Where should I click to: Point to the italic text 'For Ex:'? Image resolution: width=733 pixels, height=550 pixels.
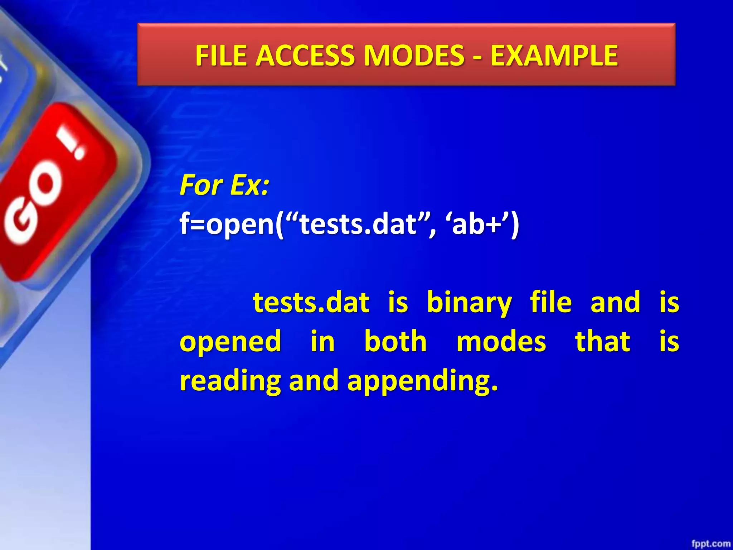pyautogui.click(x=224, y=185)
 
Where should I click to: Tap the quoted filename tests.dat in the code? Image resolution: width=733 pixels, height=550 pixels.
pyautogui.click(x=358, y=225)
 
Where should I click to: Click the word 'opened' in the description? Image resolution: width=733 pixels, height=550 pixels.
pyautogui.click(x=230, y=342)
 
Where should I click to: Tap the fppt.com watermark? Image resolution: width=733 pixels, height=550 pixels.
pyautogui.click(x=710, y=544)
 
